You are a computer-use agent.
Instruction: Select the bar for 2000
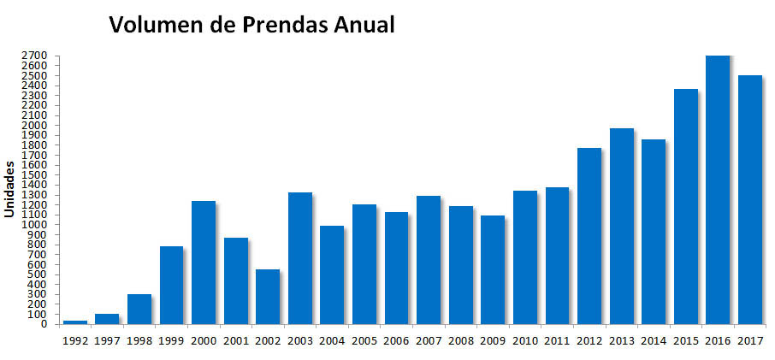pos(204,263)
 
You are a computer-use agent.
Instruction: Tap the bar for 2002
pos(268,297)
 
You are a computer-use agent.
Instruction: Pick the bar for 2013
pos(622,227)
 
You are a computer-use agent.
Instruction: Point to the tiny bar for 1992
pos(75,322)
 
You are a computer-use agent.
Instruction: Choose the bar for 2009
pos(493,270)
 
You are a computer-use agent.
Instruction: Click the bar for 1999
pos(171,286)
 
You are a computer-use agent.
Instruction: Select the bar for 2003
pos(300,258)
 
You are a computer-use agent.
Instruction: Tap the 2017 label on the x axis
pos(750,339)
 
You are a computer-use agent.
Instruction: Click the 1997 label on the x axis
pos(107,339)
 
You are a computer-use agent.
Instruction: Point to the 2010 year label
pos(525,339)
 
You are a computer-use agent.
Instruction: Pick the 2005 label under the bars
pos(364,339)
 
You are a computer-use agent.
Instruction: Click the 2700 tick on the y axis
pos(38,56)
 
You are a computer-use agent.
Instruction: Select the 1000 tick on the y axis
pos(38,225)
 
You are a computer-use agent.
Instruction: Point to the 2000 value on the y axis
pos(38,125)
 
